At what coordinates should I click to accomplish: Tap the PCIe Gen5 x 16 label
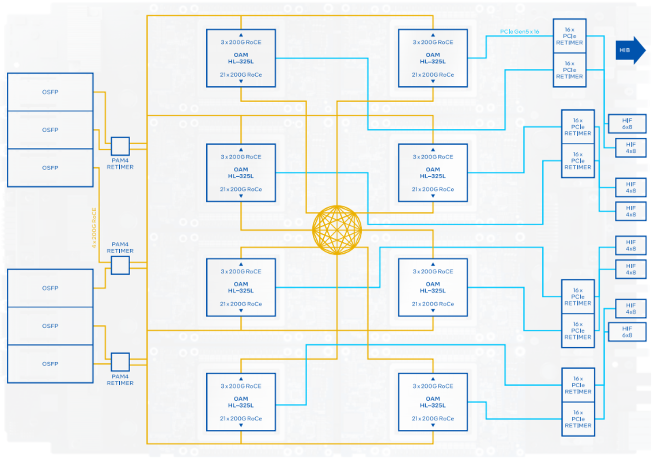(x=519, y=32)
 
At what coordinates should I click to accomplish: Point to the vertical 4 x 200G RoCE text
(x=94, y=228)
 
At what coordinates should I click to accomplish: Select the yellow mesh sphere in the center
(x=337, y=230)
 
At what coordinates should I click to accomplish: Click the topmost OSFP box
(x=50, y=92)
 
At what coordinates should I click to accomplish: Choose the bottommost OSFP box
(x=50, y=364)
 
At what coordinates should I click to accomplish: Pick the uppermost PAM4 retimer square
(x=120, y=146)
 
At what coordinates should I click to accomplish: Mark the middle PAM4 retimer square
(x=120, y=265)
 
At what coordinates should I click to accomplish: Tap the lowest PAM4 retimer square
(x=120, y=362)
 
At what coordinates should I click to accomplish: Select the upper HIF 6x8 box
(x=627, y=123)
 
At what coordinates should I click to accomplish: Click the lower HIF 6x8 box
(x=627, y=332)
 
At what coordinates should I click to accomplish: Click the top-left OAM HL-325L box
(x=241, y=58)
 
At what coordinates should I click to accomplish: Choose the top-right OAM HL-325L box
(x=433, y=58)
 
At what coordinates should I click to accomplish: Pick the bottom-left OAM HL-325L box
(x=241, y=402)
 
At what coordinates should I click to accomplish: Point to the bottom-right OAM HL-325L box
(x=433, y=402)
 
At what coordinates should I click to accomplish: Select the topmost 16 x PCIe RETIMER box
(x=570, y=36)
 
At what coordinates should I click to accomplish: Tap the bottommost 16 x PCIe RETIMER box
(x=578, y=419)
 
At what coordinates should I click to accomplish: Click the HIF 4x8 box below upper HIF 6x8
(x=631, y=148)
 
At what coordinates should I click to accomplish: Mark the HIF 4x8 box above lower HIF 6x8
(x=631, y=309)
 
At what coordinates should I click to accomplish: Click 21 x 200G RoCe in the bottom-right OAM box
(x=433, y=418)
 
